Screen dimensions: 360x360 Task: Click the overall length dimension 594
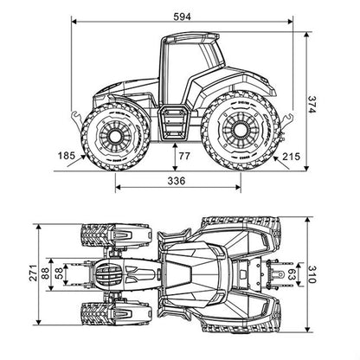coord(182,16)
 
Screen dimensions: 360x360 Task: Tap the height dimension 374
coord(312,104)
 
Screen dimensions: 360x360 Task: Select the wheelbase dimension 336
coord(177,181)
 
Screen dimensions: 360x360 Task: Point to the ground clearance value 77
coord(184,156)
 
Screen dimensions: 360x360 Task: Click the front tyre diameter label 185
coord(67,156)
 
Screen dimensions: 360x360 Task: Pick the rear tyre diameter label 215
coord(292,157)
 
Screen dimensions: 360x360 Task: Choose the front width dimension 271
coord(34,273)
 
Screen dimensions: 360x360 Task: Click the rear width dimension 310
coord(312,274)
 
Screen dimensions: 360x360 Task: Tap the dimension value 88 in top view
coord(45,273)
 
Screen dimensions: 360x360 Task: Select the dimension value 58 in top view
coord(59,273)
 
